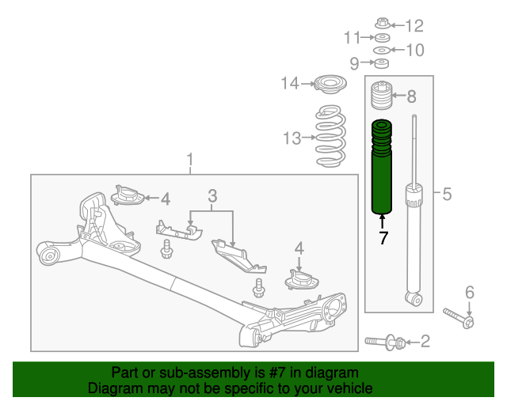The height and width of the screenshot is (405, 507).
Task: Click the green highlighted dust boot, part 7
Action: (382, 167)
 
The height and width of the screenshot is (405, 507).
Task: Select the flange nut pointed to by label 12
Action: (383, 23)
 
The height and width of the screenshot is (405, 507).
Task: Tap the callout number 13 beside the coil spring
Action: (292, 138)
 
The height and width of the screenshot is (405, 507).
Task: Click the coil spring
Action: (330, 136)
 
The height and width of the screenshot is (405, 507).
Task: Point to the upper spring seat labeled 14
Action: (330, 85)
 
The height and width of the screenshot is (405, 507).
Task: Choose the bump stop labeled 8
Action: (382, 95)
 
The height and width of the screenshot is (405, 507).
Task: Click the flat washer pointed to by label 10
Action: (382, 51)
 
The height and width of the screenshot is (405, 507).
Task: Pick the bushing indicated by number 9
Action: (382, 63)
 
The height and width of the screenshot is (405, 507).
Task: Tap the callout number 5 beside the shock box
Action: (447, 194)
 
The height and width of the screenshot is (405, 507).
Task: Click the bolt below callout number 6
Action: (459, 318)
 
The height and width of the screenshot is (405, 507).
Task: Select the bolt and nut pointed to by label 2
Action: (385, 343)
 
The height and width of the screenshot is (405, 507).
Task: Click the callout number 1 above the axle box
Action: (190, 160)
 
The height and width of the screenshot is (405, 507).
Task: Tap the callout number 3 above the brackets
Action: (212, 196)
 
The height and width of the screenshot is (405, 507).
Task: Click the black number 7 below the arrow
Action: (383, 238)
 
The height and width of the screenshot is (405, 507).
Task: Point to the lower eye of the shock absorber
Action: (414, 298)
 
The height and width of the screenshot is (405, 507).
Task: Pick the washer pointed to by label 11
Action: (383, 37)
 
